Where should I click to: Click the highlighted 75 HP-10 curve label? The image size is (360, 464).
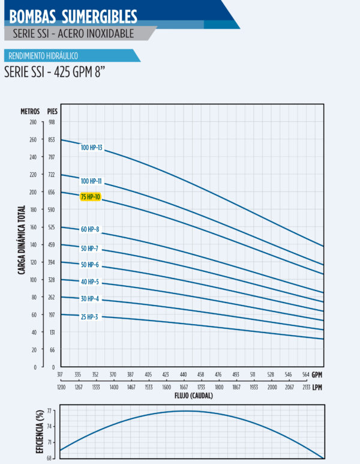[x=90, y=197]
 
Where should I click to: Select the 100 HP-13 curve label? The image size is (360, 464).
[x=92, y=147]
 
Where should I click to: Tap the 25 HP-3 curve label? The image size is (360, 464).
[x=89, y=316]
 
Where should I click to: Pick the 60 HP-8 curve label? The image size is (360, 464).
[x=89, y=229]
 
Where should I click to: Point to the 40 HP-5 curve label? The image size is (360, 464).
[x=89, y=282]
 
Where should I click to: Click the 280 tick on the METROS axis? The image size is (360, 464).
[x=32, y=122]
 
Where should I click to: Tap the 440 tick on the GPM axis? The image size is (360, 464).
[x=184, y=375]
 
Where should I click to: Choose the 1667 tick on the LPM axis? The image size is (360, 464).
[x=184, y=388]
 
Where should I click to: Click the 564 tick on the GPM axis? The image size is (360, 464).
[x=306, y=375]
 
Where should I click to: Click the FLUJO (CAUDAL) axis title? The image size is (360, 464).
[x=193, y=396]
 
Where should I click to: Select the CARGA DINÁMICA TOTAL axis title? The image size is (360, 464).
[x=22, y=240]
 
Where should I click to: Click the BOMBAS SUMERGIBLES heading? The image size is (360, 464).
[x=73, y=16]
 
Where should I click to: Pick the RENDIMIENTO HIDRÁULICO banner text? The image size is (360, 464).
[x=43, y=56]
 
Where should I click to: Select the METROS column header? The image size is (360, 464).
[x=30, y=111]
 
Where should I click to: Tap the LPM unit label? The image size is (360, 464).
[x=317, y=388]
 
